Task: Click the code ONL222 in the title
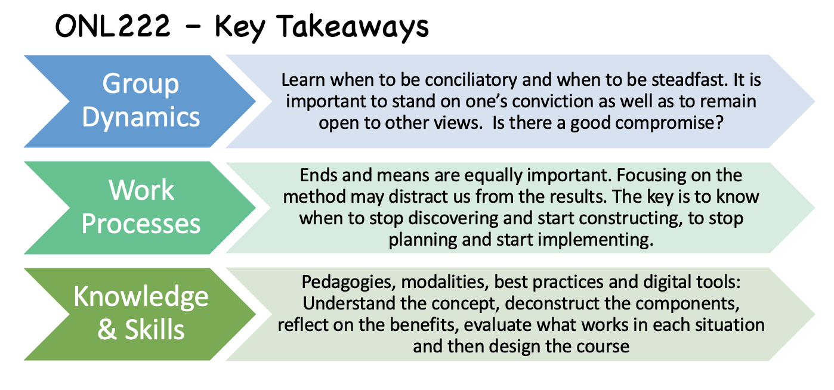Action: click(x=113, y=26)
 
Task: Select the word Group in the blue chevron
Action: click(x=141, y=84)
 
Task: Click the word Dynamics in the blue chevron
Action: click(x=141, y=117)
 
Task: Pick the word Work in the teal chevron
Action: click(x=141, y=190)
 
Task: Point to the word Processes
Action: click(x=141, y=224)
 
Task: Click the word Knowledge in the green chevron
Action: click(x=141, y=297)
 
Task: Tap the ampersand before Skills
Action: click(x=107, y=330)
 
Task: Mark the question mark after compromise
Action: click(x=719, y=122)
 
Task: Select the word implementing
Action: click(x=596, y=240)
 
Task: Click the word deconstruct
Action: click(x=552, y=304)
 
